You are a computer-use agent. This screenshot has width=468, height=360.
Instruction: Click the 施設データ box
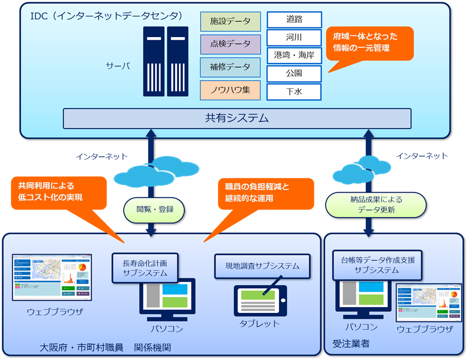230,22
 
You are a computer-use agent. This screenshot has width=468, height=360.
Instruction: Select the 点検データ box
230,44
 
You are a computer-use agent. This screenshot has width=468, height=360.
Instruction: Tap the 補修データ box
230,67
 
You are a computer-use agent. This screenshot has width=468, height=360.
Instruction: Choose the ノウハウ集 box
230,90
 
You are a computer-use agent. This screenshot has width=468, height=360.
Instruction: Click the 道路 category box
294,20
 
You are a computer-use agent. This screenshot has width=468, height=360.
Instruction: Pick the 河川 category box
294,38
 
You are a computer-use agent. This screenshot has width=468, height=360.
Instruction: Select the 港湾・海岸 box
294,55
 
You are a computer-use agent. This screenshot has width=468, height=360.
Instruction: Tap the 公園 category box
294,73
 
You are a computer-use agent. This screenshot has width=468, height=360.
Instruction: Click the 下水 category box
294,91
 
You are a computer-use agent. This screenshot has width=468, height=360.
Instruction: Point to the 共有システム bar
237,118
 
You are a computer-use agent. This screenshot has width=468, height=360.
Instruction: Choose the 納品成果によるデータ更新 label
376,205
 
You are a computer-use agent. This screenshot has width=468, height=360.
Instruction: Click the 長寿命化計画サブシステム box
145,268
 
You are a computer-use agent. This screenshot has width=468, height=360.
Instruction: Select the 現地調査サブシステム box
262,266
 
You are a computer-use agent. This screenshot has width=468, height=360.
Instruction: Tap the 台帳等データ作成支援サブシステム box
377,265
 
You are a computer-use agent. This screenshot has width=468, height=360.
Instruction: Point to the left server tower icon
154,61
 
